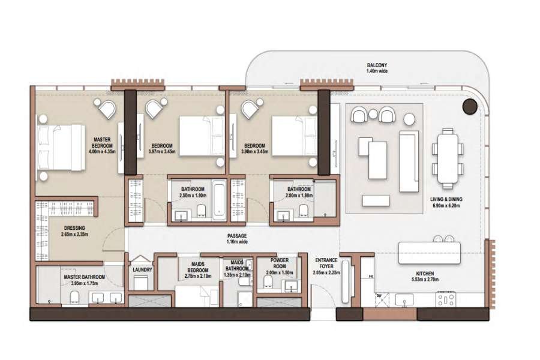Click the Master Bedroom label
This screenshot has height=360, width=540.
pyautogui.click(x=102, y=142)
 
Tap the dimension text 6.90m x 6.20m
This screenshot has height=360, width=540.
pyautogui.click(x=446, y=205)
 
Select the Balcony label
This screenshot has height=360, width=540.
pyautogui.click(x=377, y=65)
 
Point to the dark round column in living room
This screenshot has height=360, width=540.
pyautogui.click(x=470, y=106)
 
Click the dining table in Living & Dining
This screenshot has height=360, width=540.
pyautogui.click(x=448, y=158)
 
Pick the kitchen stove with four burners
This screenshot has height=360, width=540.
pyautogui.click(x=446, y=299)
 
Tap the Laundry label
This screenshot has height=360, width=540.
pyautogui.click(x=142, y=270)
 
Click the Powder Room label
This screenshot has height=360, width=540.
pyautogui.click(x=279, y=263)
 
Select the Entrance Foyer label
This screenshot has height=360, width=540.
pyautogui.click(x=326, y=263)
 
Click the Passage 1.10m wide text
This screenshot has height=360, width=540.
pyautogui.click(x=237, y=239)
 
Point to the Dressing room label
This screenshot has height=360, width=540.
pyautogui.click(x=74, y=228)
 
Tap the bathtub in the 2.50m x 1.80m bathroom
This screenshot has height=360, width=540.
pyautogui.click(x=219, y=200)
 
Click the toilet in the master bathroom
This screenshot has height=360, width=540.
pyautogui.click(x=75, y=298)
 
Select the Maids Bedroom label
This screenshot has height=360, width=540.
pyautogui.click(x=198, y=267)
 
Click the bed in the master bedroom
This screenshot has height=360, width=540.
pyautogui.click(x=61, y=148)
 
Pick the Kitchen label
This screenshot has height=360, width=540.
pyautogui.click(x=427, y=274)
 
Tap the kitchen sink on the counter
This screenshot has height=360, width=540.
pyautogui.click(x=404, y=299)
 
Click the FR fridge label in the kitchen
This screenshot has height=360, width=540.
pyautogui.click(x=371, y=276)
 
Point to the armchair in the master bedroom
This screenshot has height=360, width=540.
pyautogui.click(x=107, y=109)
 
